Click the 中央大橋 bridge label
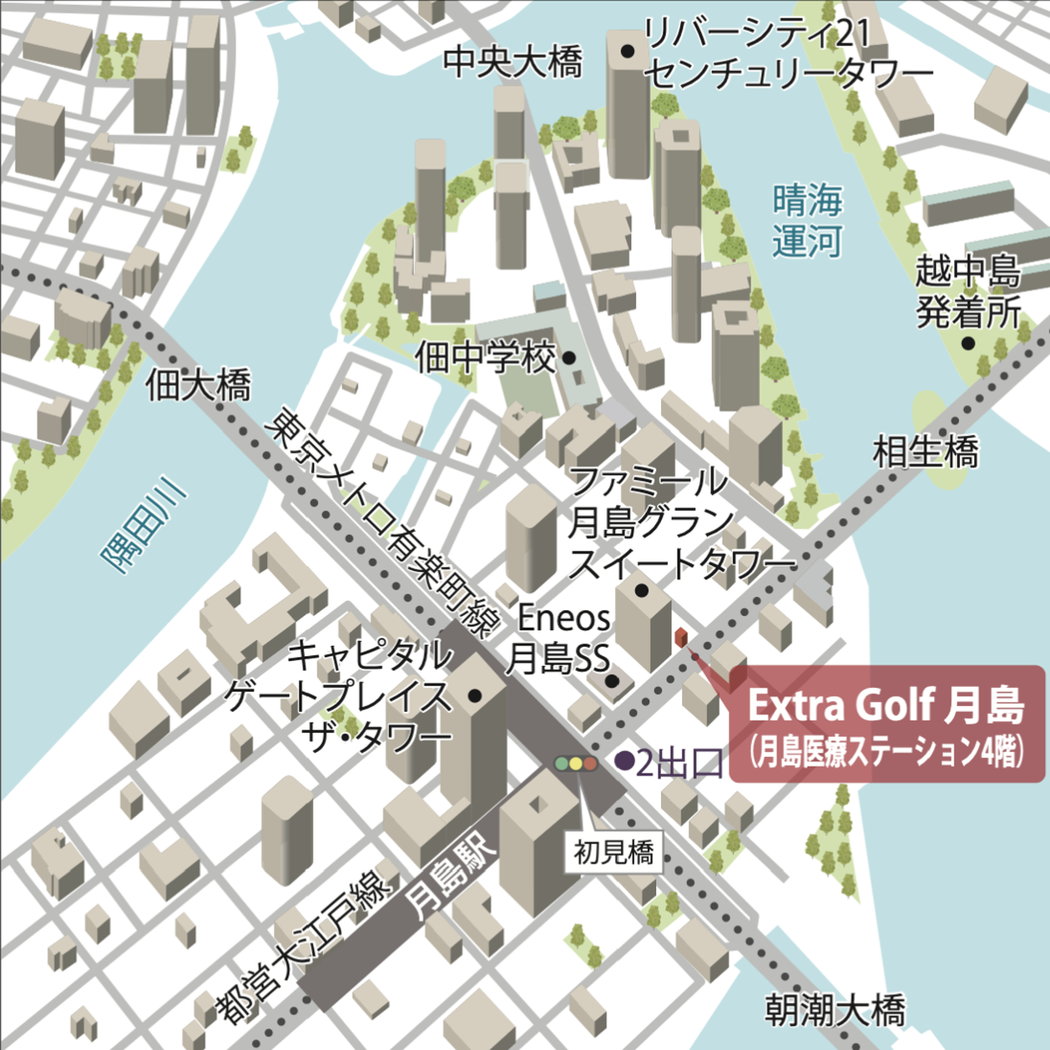[x=512, y=63]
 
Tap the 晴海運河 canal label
[x=806, y=221]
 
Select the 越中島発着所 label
[x=967, y=291]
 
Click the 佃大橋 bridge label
[x=198, y=386]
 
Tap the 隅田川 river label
[x=144, y=525]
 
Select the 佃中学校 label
[x=486, y=358]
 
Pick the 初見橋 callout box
[x=613, y=852]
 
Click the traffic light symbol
[x=576, y=763]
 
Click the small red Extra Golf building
[x=681, y=639]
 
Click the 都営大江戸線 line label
[x=305, y=944]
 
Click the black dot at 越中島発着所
[x=967, y=343]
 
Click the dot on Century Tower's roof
[x=627, y=52]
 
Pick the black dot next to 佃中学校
[x=568, y=358]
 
